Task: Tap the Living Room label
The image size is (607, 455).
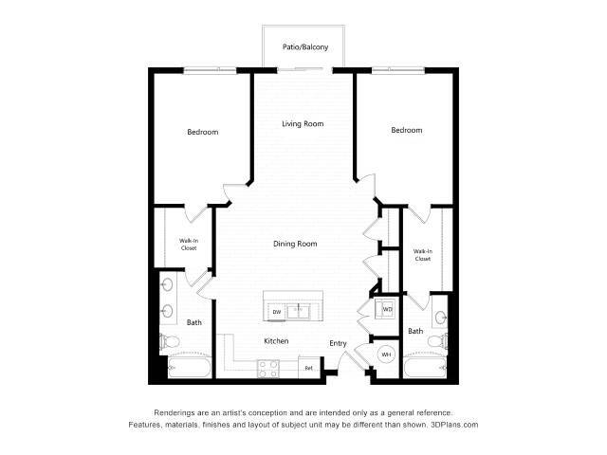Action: pos(303,124)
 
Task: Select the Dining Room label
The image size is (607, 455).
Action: pos(295,244)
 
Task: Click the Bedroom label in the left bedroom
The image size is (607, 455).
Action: pos(202,132)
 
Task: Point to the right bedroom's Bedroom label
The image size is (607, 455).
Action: pos(406,130)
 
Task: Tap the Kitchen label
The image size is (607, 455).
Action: pos(276,341)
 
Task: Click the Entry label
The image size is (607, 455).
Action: pos(338,343)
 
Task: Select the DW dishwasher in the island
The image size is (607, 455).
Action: pos(277,311)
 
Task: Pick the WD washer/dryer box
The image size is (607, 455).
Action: pos(387,309)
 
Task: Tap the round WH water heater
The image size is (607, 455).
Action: pos(386,355)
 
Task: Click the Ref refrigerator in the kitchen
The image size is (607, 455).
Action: pos(307,366)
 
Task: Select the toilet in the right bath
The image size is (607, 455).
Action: pos(434,340)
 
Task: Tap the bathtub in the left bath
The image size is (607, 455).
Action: pos(180,368)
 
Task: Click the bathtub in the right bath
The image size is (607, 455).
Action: pos(423,368)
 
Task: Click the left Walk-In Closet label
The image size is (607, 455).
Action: pos(188,245)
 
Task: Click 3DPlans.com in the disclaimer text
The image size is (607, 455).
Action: pos(454,425)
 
